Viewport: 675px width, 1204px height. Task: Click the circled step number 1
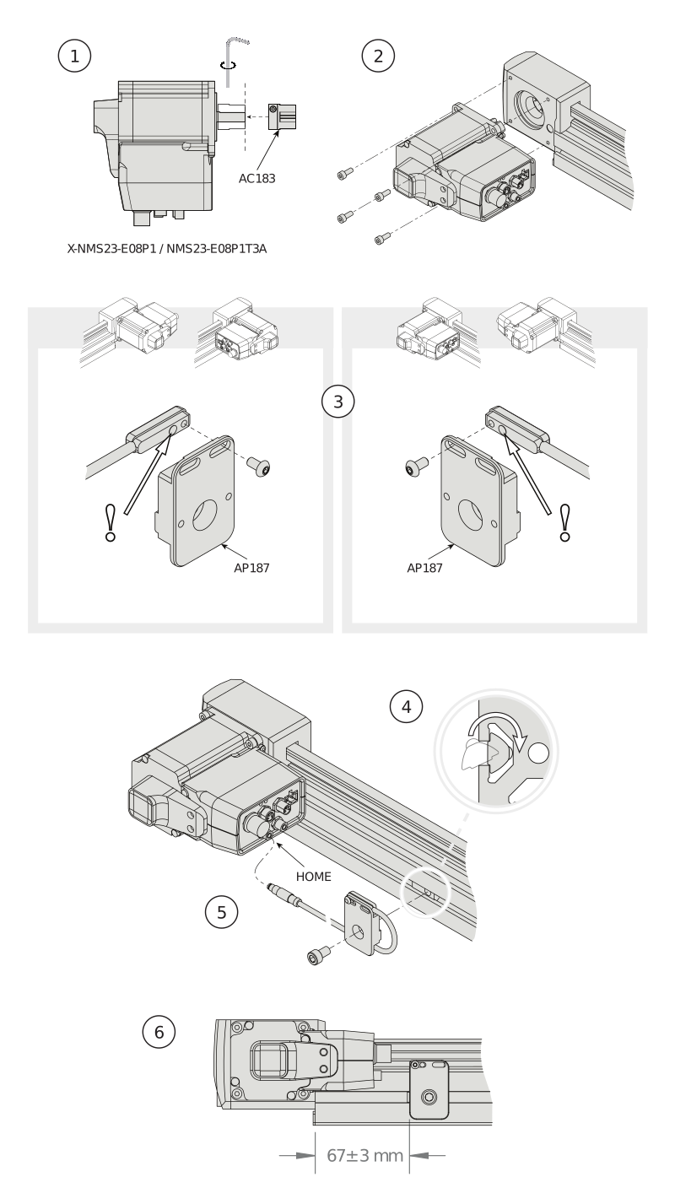[75, 56]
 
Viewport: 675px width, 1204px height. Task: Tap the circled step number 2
[378, 56]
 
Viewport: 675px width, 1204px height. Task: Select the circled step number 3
[338, 402]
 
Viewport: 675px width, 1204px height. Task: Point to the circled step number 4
[407, 707]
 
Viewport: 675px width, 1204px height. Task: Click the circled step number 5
[221, 912]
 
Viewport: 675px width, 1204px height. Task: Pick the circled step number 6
[159, 1032]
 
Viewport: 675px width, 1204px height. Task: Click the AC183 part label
[256, 179]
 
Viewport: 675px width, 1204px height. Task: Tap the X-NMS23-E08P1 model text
[111, 249]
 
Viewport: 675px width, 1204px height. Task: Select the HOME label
[313, 877]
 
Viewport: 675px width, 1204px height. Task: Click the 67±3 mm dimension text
[364, 1155]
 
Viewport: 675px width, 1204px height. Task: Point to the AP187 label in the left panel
[251, 568]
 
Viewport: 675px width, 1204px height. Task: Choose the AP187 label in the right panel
[424, 568]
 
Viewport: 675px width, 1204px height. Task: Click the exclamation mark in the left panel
[111, 523]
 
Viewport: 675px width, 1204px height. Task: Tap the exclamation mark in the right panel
[564, 523]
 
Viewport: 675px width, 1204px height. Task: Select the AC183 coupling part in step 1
[282, 116]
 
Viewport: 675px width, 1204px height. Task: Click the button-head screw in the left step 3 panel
[258, 466]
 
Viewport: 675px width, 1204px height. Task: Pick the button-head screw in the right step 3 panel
[417, 466]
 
